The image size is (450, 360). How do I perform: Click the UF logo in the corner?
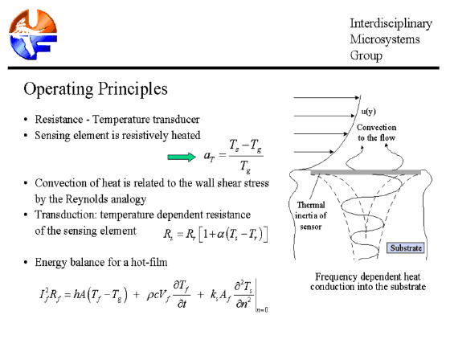33,35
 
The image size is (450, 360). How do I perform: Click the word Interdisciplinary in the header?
391,23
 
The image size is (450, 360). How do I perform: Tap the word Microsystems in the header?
385,39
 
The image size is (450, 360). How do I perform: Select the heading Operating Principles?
96,89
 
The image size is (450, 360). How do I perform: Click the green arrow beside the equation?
182,157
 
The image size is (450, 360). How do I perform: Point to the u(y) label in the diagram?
369,112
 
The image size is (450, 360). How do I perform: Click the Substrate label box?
406,248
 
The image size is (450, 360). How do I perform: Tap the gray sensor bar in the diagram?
366,172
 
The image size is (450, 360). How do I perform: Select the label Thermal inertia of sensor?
310,215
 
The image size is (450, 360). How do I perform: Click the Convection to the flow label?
377,133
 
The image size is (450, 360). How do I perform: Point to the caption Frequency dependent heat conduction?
368,281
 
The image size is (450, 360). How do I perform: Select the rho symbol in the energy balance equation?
149,295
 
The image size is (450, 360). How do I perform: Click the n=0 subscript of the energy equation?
262,309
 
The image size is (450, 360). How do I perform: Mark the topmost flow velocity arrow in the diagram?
326,97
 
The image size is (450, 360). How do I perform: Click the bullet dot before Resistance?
26,120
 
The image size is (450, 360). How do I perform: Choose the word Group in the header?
366,55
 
